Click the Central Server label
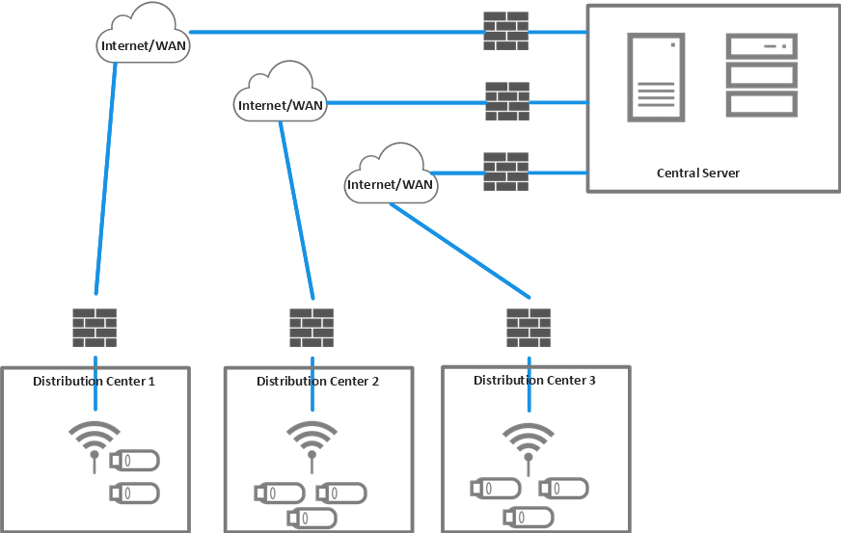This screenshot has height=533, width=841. click(697, 173)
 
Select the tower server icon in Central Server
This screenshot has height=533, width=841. click(656, 77)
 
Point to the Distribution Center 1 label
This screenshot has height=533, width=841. click(95, 382)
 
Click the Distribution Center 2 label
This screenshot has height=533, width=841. click(317, 382)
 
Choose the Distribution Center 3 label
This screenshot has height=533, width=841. click(534, 381)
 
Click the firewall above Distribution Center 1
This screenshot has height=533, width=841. click(95, 328)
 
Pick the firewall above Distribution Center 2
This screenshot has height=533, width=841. click(312, 328)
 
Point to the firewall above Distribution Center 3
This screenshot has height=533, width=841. click(529, 328)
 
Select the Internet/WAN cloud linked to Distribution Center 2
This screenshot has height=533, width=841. click(280, 93)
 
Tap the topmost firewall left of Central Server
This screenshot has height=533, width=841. click(506, 32)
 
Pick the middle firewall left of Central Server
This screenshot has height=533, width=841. click(506, 101)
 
